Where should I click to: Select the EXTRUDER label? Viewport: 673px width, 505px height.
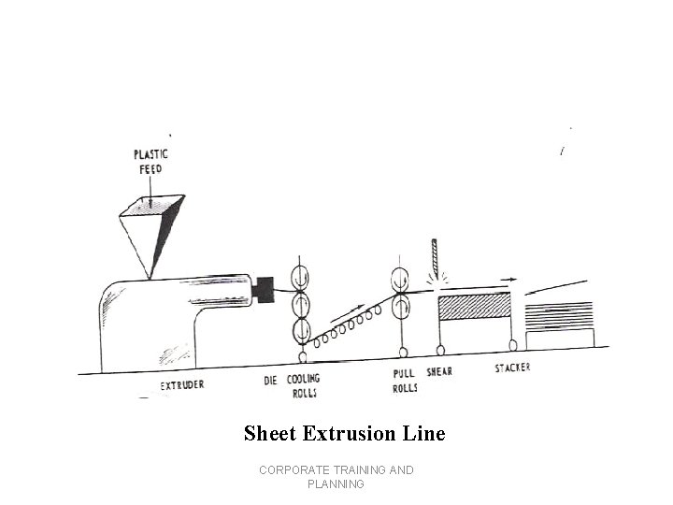[x=182, y=385]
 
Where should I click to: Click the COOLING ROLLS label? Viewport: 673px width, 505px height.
[x=303, y=385]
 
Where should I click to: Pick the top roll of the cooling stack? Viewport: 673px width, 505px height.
[x=302, y=278]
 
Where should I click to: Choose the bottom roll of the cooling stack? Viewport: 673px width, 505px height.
[x=302, y=331]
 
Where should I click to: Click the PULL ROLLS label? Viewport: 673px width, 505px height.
[x=403, y=381]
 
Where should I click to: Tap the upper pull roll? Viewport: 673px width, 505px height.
[x=400, y=279]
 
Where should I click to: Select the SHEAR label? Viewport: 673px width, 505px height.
[x=439, y=371]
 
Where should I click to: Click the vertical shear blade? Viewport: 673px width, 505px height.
[x=435, y=255]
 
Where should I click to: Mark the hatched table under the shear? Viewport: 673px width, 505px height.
[x=474, y=307]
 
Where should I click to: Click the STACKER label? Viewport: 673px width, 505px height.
[x=512, y=368]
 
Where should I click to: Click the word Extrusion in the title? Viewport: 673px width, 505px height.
[x=345, y=434]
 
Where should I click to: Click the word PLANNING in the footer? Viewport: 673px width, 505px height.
[x=336, y=484]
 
